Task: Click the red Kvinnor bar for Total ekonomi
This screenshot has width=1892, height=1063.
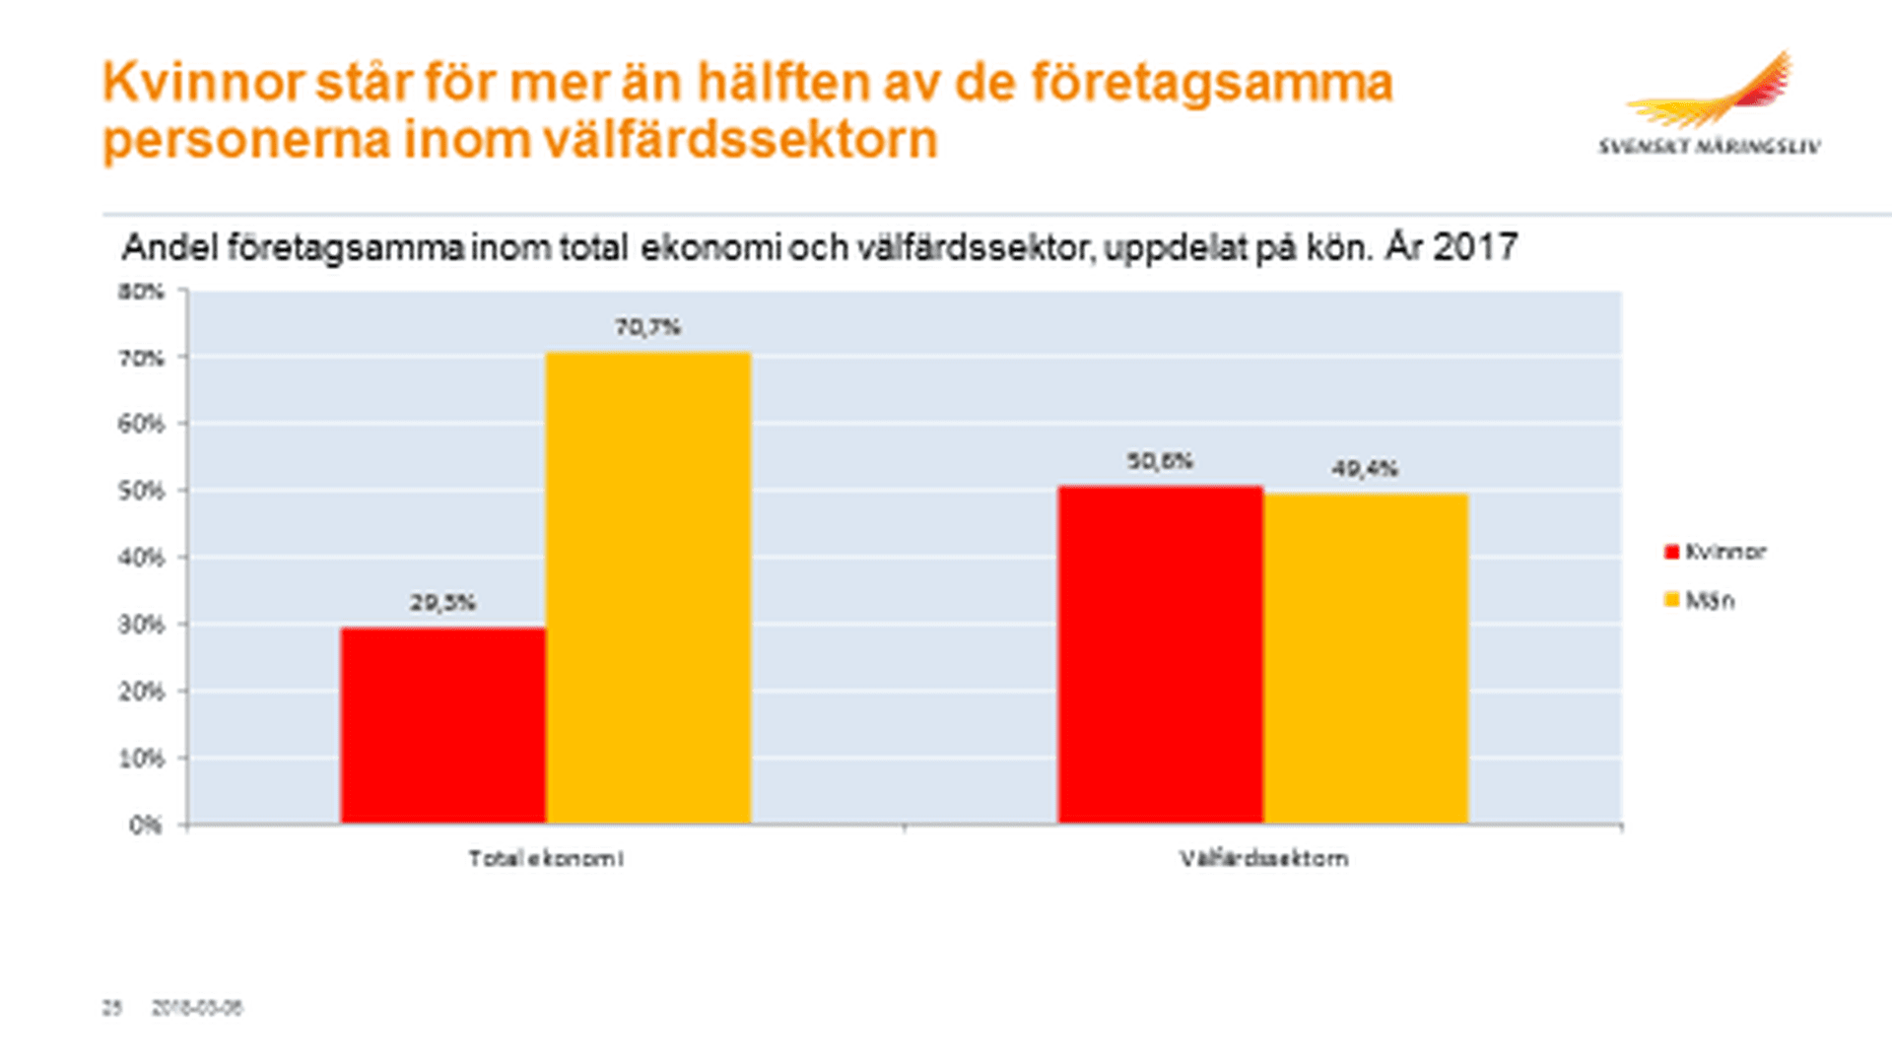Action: pos(442,725)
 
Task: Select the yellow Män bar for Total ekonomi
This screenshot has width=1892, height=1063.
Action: pos(647,587)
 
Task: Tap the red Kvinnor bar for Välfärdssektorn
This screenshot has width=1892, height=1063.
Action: pos(1160,654)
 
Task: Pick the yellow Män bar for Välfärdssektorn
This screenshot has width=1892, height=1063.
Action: pos(1366,658)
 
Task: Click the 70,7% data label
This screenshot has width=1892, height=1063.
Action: pos(647,327)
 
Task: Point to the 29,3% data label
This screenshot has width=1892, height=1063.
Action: pos(442,602)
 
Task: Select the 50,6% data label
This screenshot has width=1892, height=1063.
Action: pos(1160,461)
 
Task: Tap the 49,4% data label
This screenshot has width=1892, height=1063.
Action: pos(1365,469)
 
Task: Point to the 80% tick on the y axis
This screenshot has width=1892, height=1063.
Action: pos(141,292)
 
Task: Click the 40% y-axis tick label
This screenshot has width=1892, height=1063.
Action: pos(141,558)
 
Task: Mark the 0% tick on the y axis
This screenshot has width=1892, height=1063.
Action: pos(145,825)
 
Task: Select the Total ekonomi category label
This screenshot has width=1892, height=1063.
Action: pos(545,859)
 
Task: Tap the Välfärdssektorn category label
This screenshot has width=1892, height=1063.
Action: pos(1263,859)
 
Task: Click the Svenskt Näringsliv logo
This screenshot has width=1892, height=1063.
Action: pos(1710,104)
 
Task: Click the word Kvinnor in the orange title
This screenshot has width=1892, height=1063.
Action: pos(202,83)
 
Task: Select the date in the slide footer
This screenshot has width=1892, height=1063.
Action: pos(196,1008)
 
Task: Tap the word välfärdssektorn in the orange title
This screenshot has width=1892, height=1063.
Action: pos(739,140)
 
